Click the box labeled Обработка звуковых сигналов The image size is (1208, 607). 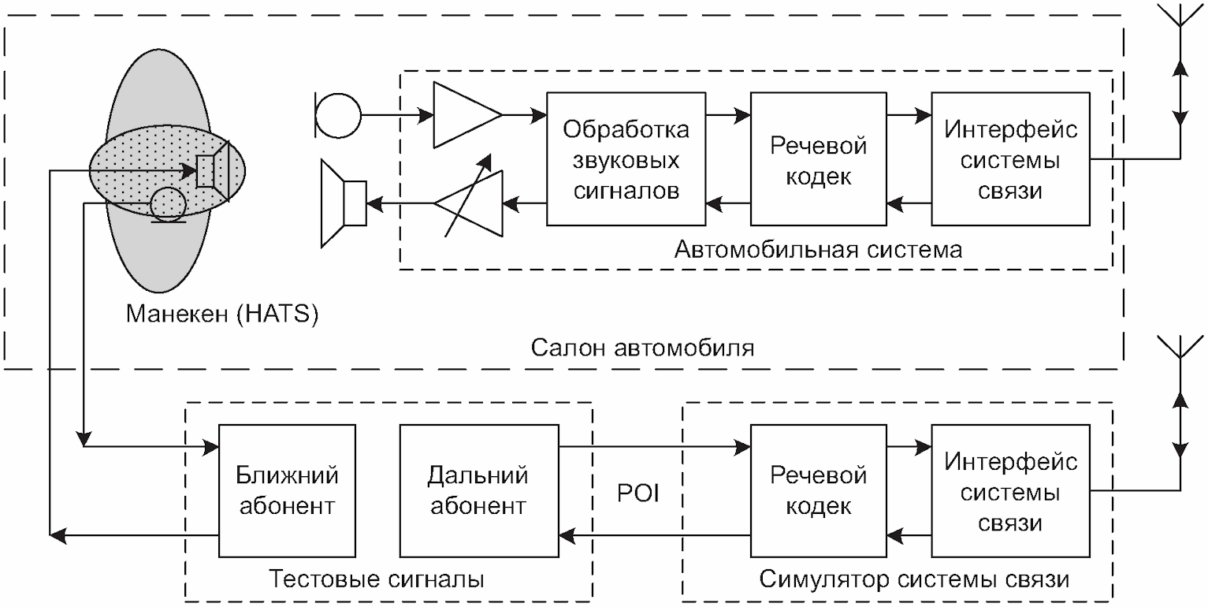point(626,159)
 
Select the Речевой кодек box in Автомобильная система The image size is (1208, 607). point(819,159)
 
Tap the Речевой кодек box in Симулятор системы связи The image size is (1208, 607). point(819,491)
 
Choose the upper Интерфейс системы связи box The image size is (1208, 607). point(1011,159)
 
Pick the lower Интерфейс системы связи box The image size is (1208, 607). point(1011,491)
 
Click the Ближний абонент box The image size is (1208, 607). point(287,491)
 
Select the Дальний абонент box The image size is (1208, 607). point(478,491)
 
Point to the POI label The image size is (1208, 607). point(638,494)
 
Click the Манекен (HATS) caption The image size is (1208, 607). point(221,315)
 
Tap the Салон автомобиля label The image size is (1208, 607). point(643,348)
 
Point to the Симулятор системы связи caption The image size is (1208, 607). point(914,579)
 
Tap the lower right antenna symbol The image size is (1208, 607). point(1180,353)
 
